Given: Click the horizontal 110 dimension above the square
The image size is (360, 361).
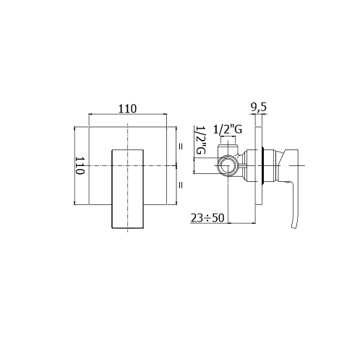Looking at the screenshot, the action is tap(127, 108).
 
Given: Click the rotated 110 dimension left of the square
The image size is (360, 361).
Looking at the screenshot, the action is tap(80, 165).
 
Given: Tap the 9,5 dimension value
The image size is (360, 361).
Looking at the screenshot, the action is tap(259, 108).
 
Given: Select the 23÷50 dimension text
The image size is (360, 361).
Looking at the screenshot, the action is tap(207, 218).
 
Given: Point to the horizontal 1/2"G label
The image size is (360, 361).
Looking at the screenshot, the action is tap(228, 130).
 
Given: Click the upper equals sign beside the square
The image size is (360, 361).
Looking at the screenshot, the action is tap(180, 146).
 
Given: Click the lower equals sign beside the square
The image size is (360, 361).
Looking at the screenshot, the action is tap(180, 185).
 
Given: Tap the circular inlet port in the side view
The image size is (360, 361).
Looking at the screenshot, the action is tap(228, 165).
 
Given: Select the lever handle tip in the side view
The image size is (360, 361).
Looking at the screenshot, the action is tap(294, 226).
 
